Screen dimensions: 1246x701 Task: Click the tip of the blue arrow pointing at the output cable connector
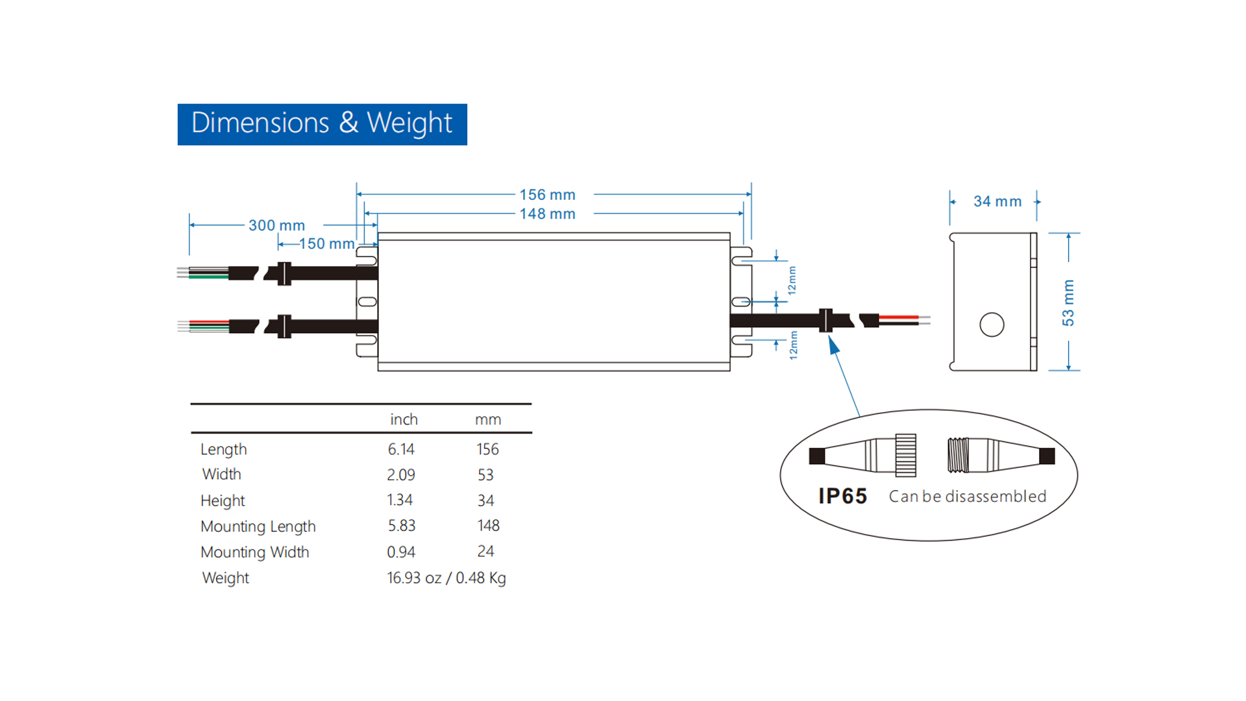coord(830,337)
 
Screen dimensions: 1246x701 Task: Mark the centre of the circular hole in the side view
coord(992,325)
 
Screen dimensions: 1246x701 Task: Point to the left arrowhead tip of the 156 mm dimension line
coord(357,194)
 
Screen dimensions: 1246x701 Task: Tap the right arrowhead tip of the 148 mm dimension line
coord(744,213)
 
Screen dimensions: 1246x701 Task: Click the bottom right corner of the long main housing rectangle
coord(730,371)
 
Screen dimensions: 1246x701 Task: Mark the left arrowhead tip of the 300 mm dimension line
coord(189,225)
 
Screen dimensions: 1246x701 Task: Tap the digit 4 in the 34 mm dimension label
coord(986,201)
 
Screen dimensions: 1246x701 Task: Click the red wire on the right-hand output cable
coord(899,317)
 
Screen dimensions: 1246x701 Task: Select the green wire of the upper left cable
coord(208,277)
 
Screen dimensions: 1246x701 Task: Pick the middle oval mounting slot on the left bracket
coord(367,302)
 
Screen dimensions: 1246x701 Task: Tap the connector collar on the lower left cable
coord(284,326)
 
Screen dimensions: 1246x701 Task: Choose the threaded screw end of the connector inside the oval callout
coord(958,455)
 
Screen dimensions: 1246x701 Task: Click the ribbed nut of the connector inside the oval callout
coord(906,455)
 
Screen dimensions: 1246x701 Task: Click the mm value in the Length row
coord(487,449)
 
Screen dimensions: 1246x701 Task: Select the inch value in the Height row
coord(400,500)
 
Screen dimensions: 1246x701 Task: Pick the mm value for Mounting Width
coord(485,552)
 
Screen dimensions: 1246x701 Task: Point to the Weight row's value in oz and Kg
coord(446,578)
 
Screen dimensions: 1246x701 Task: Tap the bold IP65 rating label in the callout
coord(842,497)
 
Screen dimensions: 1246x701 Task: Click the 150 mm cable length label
coord(326,244)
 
